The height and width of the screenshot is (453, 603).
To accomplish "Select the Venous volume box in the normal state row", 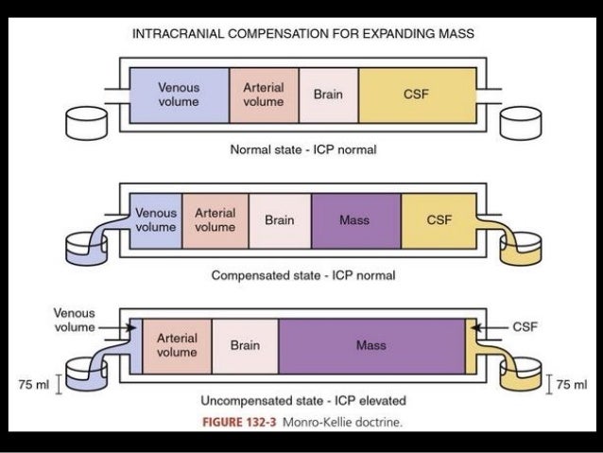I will point(178,95).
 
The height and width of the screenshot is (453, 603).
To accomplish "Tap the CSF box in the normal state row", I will point(416,95).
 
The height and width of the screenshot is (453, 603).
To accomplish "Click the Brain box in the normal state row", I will point(327,95).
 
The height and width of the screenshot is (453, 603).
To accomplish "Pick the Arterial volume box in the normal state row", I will point(263,95).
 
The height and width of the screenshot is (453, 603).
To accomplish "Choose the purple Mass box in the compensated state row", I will point(354,220).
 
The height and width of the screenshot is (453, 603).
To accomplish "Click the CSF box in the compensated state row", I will point(439,220).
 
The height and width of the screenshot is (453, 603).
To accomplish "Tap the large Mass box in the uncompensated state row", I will point(370,345).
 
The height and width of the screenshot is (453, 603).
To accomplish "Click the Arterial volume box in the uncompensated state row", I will point(176,345).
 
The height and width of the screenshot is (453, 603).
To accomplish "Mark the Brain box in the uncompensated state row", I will point(245,345).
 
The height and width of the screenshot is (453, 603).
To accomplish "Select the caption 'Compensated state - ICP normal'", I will point(302,276).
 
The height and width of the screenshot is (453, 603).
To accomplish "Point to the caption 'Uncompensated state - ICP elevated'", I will point(302,401).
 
